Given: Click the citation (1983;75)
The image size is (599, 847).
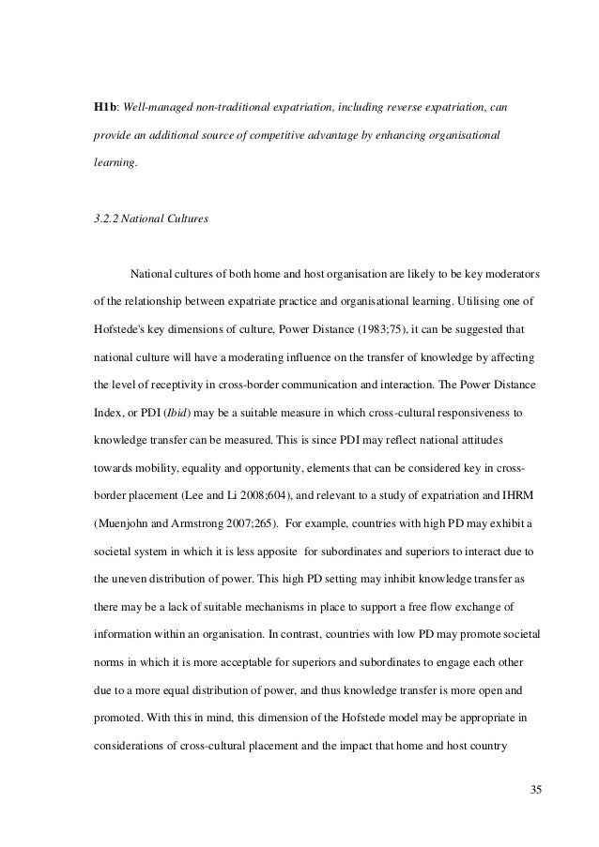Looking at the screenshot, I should point(360,329).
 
